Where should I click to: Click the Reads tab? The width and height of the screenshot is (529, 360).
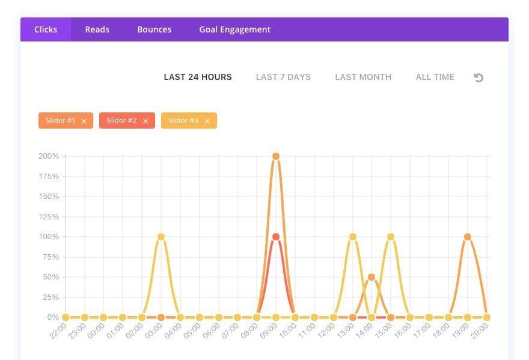point(97,29)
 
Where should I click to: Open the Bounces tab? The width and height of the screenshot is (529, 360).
point(154,29)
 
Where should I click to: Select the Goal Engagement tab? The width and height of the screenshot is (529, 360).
point(234,29)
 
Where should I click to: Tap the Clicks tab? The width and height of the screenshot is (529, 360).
point(46,29)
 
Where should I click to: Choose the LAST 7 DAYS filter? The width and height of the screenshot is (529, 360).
point(283,77)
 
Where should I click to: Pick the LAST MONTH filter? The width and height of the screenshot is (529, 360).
point(363,77)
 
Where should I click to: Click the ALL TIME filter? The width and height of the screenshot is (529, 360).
point(435,77)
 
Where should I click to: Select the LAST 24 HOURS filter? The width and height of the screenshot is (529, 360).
point(198,77)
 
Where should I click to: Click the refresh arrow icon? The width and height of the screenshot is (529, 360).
point(479,78)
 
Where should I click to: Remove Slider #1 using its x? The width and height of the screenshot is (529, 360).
point(84,121)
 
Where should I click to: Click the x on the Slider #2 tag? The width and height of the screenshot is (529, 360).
point(145,121)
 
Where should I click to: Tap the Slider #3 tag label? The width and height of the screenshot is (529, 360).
point(183,121)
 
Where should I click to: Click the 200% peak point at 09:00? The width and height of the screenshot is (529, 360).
point(276,156)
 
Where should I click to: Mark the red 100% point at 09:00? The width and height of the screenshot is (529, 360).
point(276,237)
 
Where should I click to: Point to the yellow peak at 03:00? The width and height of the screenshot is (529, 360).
point(161,237)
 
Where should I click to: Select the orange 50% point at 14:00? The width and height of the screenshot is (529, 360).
point(372,277)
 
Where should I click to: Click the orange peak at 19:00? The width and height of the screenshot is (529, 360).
point(468,237)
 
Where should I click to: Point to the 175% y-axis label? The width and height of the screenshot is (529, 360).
point(49,177)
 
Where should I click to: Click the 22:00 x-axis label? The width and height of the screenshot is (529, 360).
point(58,331)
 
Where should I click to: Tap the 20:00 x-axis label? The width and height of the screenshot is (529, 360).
point(480,331)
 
